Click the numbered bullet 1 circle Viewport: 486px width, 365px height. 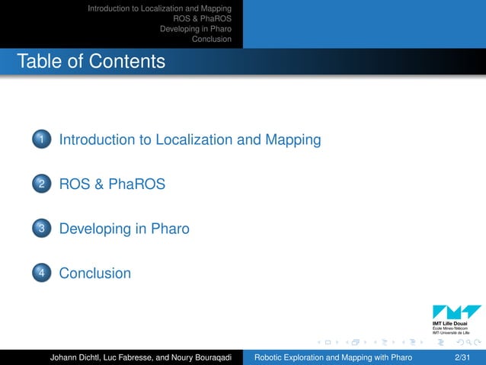click(41, 140)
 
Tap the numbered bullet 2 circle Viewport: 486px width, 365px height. click(41, 184)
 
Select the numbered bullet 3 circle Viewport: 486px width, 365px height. click(41, 229)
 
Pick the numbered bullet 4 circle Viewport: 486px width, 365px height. click(41, 273)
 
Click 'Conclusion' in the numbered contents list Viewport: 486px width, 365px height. click(94, 273)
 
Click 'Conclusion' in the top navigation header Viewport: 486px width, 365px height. click(212, 39)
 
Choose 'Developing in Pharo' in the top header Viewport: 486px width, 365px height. click(195, 29)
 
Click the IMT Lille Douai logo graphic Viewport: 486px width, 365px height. click(456, 312)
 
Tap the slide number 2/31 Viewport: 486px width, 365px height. click(461, 357)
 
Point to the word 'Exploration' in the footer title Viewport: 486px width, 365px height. click(306, 357)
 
